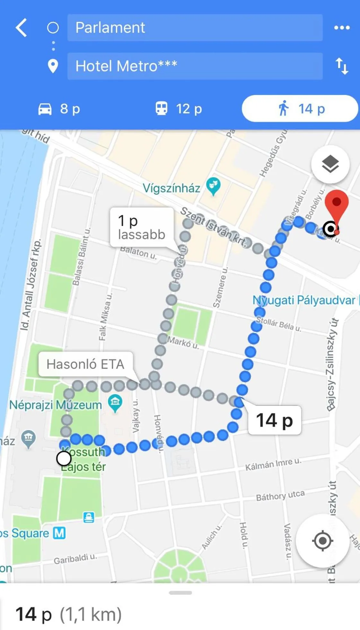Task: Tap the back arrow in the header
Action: point(21,28)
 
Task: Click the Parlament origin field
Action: point(195,28)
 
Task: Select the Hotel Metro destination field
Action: point(195,66)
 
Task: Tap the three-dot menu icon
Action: point(342,28)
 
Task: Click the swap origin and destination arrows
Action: point(342,66)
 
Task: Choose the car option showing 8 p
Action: point(59,109)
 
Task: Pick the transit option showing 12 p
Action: point(179,109)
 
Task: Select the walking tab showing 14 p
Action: point(300,109)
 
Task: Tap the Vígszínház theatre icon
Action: point(213,186)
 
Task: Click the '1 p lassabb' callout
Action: point(142,227)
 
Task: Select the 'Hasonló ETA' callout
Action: point(85,364)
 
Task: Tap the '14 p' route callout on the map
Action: point(275,420)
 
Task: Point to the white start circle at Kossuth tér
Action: point(64,458)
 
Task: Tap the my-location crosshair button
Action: point(322,541)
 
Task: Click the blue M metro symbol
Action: point(59,533)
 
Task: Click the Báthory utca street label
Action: point(280,495)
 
